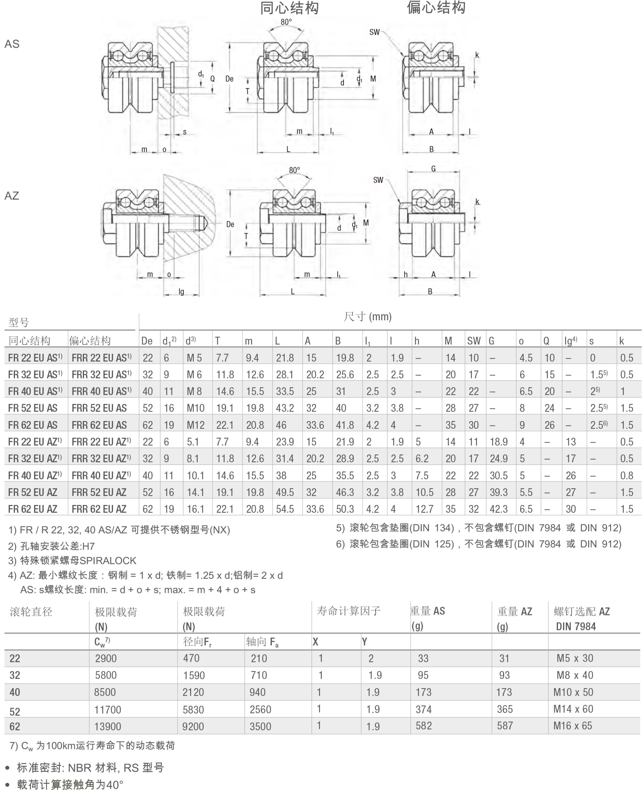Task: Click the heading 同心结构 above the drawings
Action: click(x=289, y=8)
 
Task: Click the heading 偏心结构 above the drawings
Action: click(x=436, y=7)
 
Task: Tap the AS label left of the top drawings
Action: click(x=12, y=44)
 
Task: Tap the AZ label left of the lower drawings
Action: click(x=12, y=196)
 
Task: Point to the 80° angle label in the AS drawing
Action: click(x=286, y=22)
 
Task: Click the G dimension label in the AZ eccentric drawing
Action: click(x=433, y=169)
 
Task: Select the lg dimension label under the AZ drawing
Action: click(x=181, y=292)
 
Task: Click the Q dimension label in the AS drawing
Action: click(x=213, y=79)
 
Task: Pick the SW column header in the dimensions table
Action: click(x=474, y=341)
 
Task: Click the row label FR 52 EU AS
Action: click(x=33, y=408)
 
